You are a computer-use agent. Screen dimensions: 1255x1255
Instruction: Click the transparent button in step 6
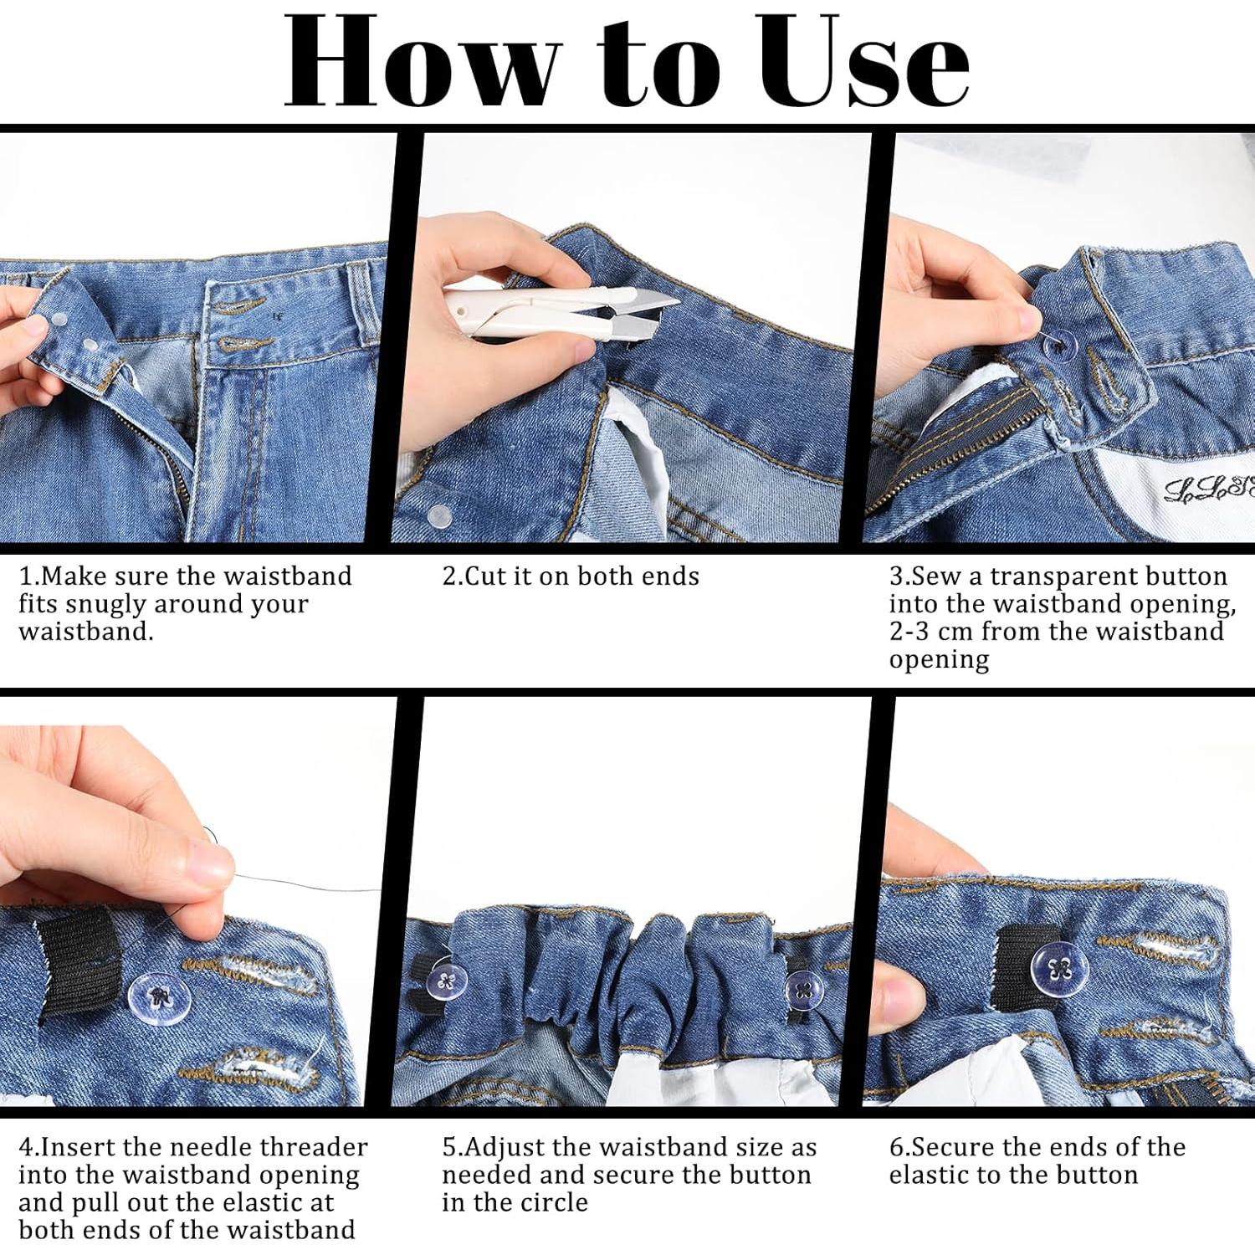tap(1062, 971)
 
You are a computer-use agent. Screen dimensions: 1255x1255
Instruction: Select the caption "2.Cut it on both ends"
tap(570, 576)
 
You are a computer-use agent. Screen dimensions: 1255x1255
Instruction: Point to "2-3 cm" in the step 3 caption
tap(931, 631)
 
